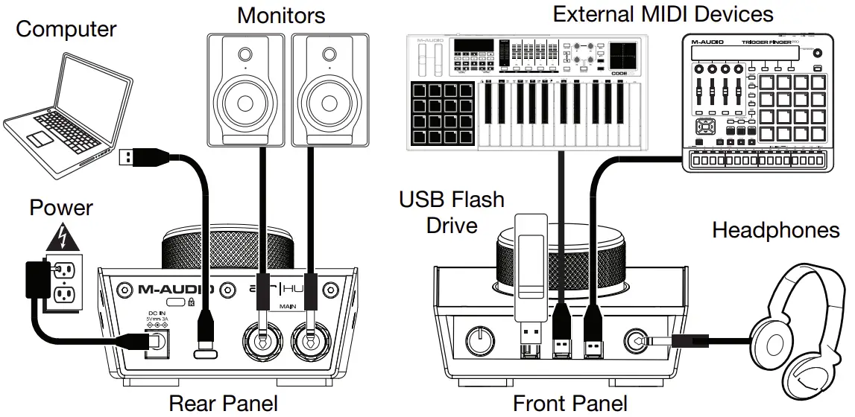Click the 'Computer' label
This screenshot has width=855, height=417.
[66, 30]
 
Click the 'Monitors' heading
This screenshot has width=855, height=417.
[281, 15]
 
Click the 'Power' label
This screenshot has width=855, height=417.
[61, 207]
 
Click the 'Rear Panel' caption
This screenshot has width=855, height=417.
[223, 403]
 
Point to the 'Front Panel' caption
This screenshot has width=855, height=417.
[570, 403]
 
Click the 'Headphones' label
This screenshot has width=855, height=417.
[775, 229]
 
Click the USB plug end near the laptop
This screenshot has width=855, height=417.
[127, 158]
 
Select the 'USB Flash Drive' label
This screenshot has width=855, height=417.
[451, 211]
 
